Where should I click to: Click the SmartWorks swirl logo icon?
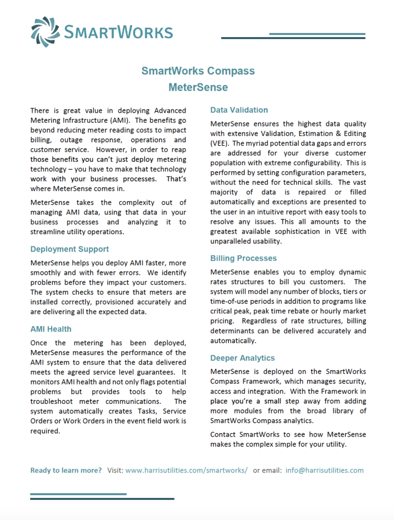point(45,32)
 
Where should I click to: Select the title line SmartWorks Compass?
point(198,71)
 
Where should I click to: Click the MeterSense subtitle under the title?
point(198,87)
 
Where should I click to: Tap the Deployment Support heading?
point(69,249)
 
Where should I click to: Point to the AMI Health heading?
point(51,329)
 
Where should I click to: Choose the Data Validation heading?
point(239,110)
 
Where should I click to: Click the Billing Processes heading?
point(243,258)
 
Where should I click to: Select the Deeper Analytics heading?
point(242,358)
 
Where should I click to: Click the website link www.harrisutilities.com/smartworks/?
point(186,470)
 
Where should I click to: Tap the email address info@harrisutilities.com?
point(325,470)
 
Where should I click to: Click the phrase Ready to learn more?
point(66,470)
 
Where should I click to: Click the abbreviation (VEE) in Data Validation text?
point(220,144)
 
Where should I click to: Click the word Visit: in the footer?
point(115,470)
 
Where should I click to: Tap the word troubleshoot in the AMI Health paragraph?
point(54,402)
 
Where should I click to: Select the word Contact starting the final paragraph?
point(223,434)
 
